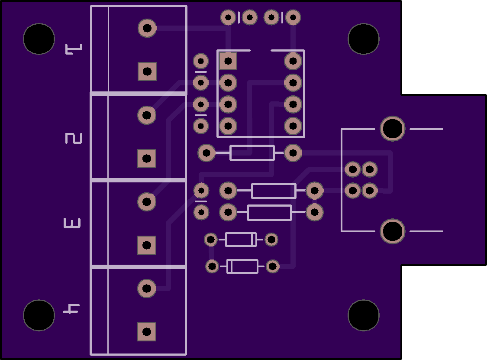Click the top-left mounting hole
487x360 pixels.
pyautogui.click(x=39, y=39)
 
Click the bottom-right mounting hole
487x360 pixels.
pyautogui.click(x=364, y=315)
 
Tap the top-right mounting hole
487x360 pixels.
pyautogui.click(x=364, y=39)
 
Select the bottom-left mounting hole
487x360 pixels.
pyautogui.click(x=39, y=315)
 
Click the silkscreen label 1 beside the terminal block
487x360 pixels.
pyautogui.click(x=74, y=49)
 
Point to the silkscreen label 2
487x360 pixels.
pyautogui.click(x=74, y=138)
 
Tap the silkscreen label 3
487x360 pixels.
pyautogui.click(x=72, y=223)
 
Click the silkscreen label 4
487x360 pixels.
pyautogui.click(x=71, y=309)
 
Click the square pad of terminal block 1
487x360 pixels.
pyautogui.click(x=147, y=71)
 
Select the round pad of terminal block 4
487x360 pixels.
pyautogui.click(x=147, y=289)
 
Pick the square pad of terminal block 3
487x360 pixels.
pyautogui.click(x=147, y=245)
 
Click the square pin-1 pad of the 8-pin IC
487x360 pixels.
pyautogui.click(x=228, y=61)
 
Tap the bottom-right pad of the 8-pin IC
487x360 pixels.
pyautogui.click(x=293, y=126)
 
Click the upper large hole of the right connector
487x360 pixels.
pyautogui.click(x=393, y=129)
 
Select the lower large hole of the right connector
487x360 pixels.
pyautogui.click(x=393, y=231)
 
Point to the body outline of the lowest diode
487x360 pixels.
pyautogui.click(x=242, y=266)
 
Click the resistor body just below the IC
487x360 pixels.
pyautogui.click(x=252, y=153)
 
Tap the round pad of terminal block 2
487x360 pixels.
pyautogui.click(x=147, y=115)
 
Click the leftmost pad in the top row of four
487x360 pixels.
pyautogui.click(x=228, y=17)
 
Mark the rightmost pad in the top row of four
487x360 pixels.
pyautogui.click(x=293, y=17)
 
